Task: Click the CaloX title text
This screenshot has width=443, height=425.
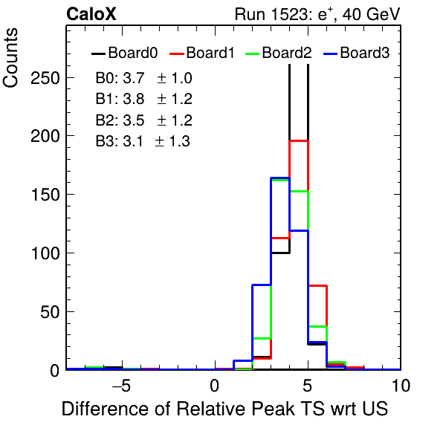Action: tap(91, 14)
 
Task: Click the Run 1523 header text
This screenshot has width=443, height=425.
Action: tap(317, 14)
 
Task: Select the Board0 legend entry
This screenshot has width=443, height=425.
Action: tap(125, 53)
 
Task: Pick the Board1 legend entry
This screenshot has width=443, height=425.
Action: tap(202, 53)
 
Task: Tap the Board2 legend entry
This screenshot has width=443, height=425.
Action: tap(278, 53)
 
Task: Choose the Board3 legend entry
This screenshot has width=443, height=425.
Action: tap(356, 53)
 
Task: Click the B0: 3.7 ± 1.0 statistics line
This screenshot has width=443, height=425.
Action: tap(143, 78)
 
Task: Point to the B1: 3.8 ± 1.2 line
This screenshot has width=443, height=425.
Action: tap(143, 99)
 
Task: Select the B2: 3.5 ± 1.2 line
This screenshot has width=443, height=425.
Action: tap(143, 120)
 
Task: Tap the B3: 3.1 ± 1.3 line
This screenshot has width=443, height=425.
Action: tap(143, 141)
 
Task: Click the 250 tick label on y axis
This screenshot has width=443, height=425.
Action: tap(45, 78)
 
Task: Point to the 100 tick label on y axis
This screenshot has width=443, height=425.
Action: tap(45, 253)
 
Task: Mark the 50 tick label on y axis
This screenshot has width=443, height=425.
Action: tap(50, 312)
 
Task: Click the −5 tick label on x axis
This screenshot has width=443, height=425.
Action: tap(121, 386)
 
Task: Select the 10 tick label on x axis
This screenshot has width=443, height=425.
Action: tap(401, 386)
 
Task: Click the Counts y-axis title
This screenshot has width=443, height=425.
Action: tap(10, 58)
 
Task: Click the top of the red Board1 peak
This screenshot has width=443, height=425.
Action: tap(299, 140)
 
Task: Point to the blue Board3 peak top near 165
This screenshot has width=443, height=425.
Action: tap(280, 178)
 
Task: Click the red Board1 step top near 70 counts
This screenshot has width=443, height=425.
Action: tap(317, 286)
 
